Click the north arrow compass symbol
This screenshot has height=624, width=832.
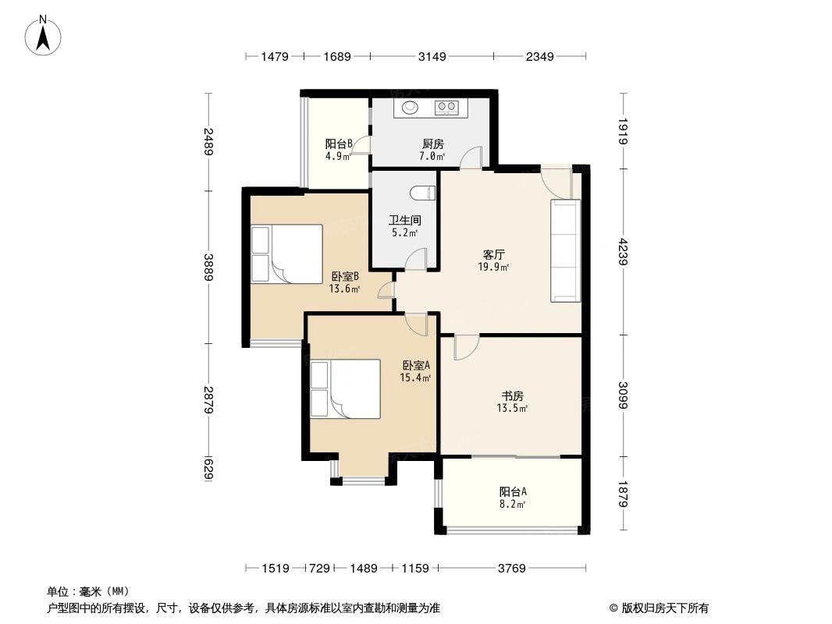(x=45, y=36)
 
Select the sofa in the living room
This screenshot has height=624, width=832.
(x=566, y=250)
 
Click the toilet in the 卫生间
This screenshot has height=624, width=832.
(x=422, y=192)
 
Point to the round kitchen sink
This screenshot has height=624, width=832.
(x=410, y=108)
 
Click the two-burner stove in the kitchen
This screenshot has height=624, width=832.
(x=446, y=108)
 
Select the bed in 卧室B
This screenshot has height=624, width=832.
(x=286, y=253)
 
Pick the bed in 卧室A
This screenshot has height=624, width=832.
(x=345, y=390)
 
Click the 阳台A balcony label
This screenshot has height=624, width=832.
(x=513, y=491)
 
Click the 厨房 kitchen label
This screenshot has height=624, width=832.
(x=432, y=144)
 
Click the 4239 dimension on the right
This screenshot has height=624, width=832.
(x=623, y=253)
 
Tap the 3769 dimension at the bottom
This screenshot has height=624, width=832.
(x=512, y=568)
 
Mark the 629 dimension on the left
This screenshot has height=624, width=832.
(x=208, y=469)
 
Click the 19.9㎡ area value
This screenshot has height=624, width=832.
(x=494, y=268)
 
